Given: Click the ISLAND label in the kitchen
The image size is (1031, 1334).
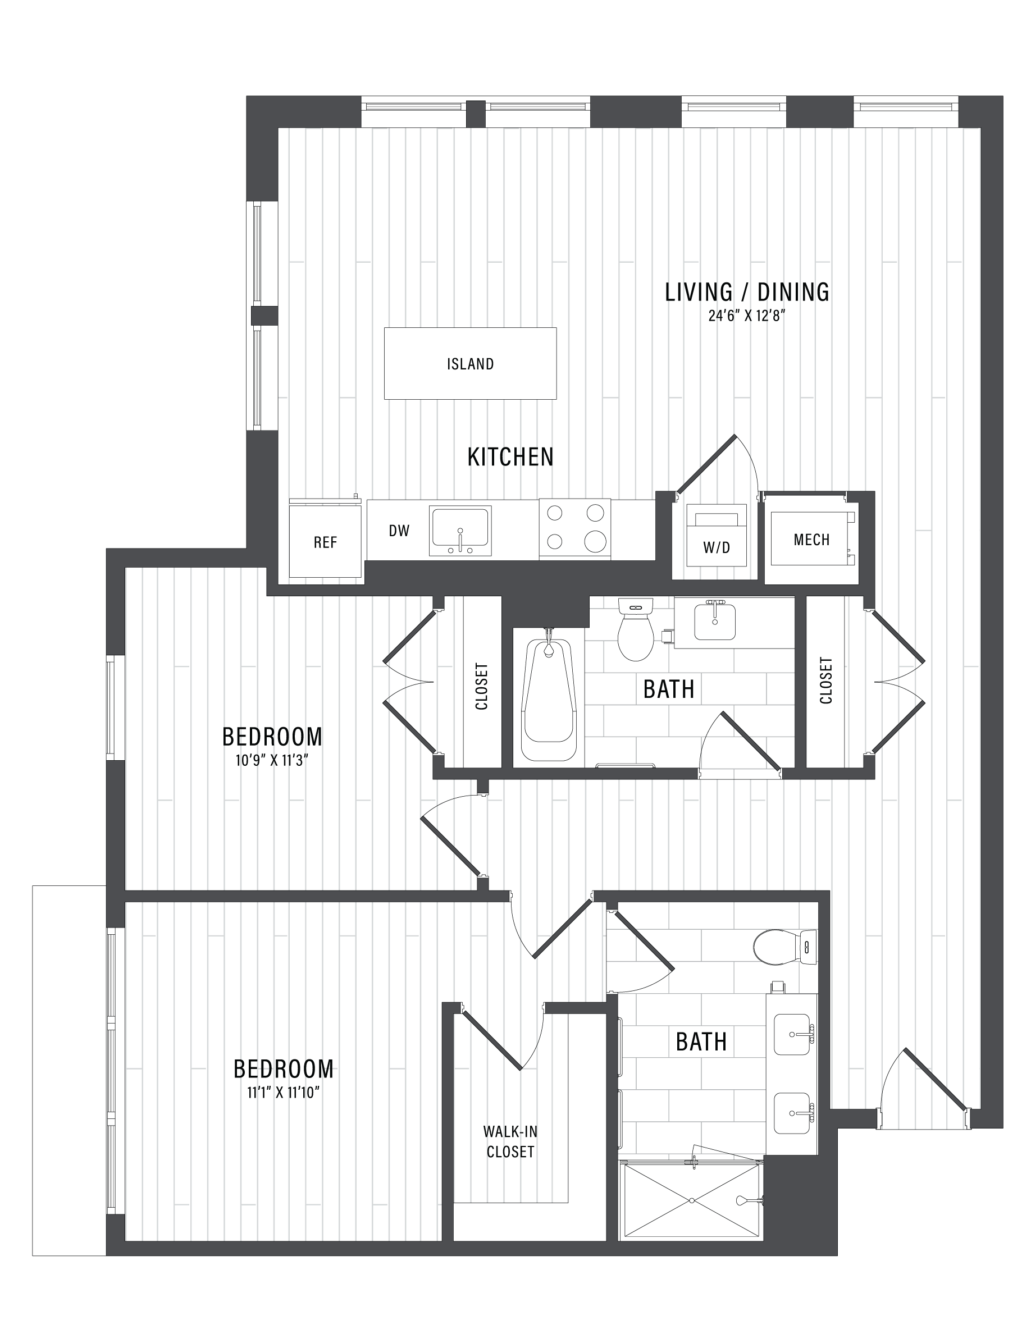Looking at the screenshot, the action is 471,364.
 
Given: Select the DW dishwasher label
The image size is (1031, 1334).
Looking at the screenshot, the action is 399,531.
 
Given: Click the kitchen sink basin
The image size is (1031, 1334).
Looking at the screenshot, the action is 460,527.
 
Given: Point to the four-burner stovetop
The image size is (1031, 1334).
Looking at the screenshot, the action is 575,528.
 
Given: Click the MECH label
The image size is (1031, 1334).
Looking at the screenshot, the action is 812,540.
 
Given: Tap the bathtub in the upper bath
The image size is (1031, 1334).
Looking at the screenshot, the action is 549,696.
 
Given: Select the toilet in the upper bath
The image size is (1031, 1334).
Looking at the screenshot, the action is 636,630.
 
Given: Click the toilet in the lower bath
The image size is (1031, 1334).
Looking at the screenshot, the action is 785,947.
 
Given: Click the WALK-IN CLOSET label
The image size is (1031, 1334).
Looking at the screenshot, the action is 510,1141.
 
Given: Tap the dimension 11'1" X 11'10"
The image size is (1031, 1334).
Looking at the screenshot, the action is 284,1093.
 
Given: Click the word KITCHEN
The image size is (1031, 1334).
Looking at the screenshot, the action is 510,457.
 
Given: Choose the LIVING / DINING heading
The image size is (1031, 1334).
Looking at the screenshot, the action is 747,292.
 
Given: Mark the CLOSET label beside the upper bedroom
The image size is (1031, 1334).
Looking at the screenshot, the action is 482,687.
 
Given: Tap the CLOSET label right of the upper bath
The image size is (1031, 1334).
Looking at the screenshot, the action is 826,680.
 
